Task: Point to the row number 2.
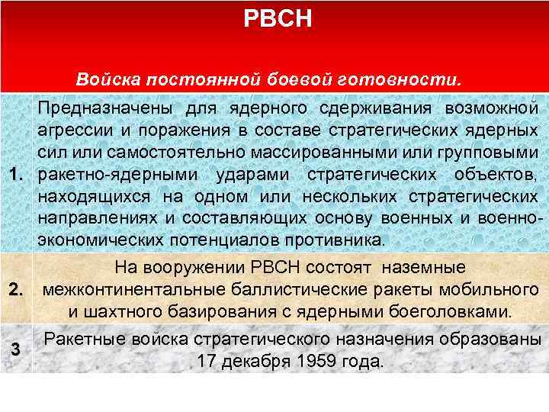click(15, 291)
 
